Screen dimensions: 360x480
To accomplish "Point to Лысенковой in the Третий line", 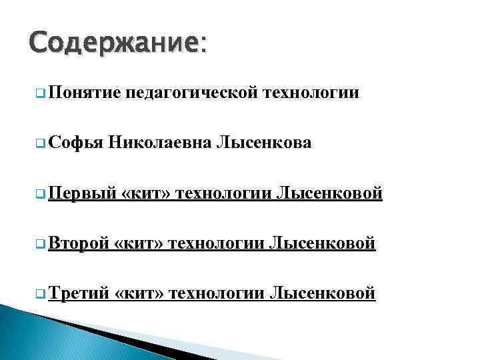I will (x=322, y=293).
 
